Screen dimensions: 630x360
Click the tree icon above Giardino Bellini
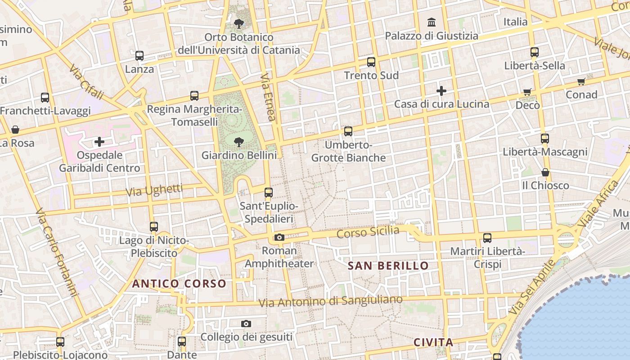pyautogui.click(x=238, y=143)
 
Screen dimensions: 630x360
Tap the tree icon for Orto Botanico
pyautogui.click(x=238, y=23)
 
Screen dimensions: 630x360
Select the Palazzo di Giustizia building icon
pyautogui.click(x=432, y=22)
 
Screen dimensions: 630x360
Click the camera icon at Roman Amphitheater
pyautogui.click(x=279, y=237)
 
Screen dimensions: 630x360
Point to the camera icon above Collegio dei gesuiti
pyautogui.click(x=246, y=324)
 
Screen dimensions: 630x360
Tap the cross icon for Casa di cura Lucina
pyautogui.click(x=441, y=91)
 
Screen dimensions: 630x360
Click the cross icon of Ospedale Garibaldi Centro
pyautogui.click(x=99, y=142)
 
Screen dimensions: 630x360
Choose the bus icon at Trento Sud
pyautogui.click(x=371, y=62)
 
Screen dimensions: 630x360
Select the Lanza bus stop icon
pyautogui.click(x=139, y=56)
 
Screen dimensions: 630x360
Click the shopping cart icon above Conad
pyautogui.click(x=581, y=81)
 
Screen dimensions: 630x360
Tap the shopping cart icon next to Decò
pyautogui.click(x=527, y=92)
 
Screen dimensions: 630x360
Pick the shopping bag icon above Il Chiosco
pyautogui.click(x=545, y=172)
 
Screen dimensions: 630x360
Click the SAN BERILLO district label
pyautogui.click(x=388, y=265)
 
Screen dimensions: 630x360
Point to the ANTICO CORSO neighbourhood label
pyautogui.click(x=179, y=283)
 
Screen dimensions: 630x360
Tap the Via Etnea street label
pyautogui.click(x=267, y=98)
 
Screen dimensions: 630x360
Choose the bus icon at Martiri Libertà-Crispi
pyautogui.click(x=487, y=238)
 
